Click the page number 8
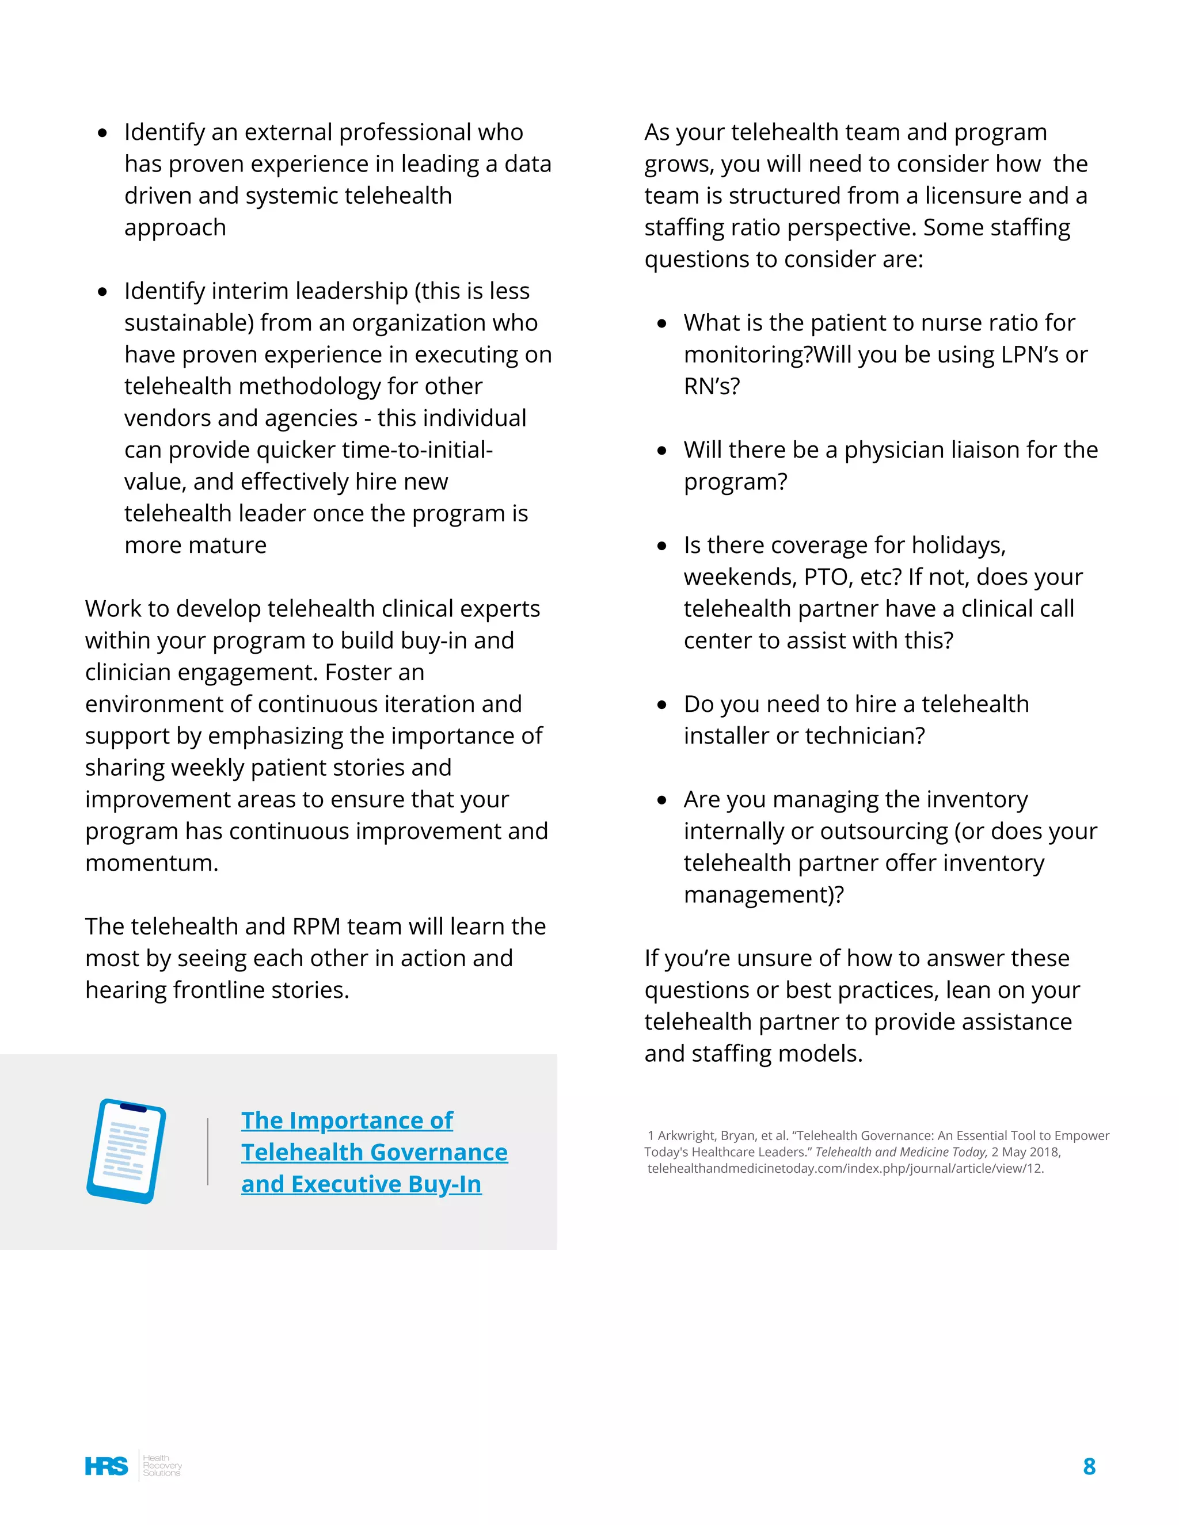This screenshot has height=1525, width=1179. tap(1089, 1466)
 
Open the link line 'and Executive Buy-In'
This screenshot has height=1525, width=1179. tap(361, 1184)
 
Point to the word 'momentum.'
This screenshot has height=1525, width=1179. tap(151, 863)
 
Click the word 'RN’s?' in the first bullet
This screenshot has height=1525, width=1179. tap(711, 386)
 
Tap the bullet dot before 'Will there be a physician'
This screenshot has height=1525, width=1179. tap(661, 451)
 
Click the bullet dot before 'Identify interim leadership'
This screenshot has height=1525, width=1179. tap(102, 292)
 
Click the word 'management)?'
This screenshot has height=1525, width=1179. tap(763, 895)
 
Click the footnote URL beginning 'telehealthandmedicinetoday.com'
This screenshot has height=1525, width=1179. tap(845, 1169)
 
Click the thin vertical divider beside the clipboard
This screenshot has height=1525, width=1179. tap(207, 1151)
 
